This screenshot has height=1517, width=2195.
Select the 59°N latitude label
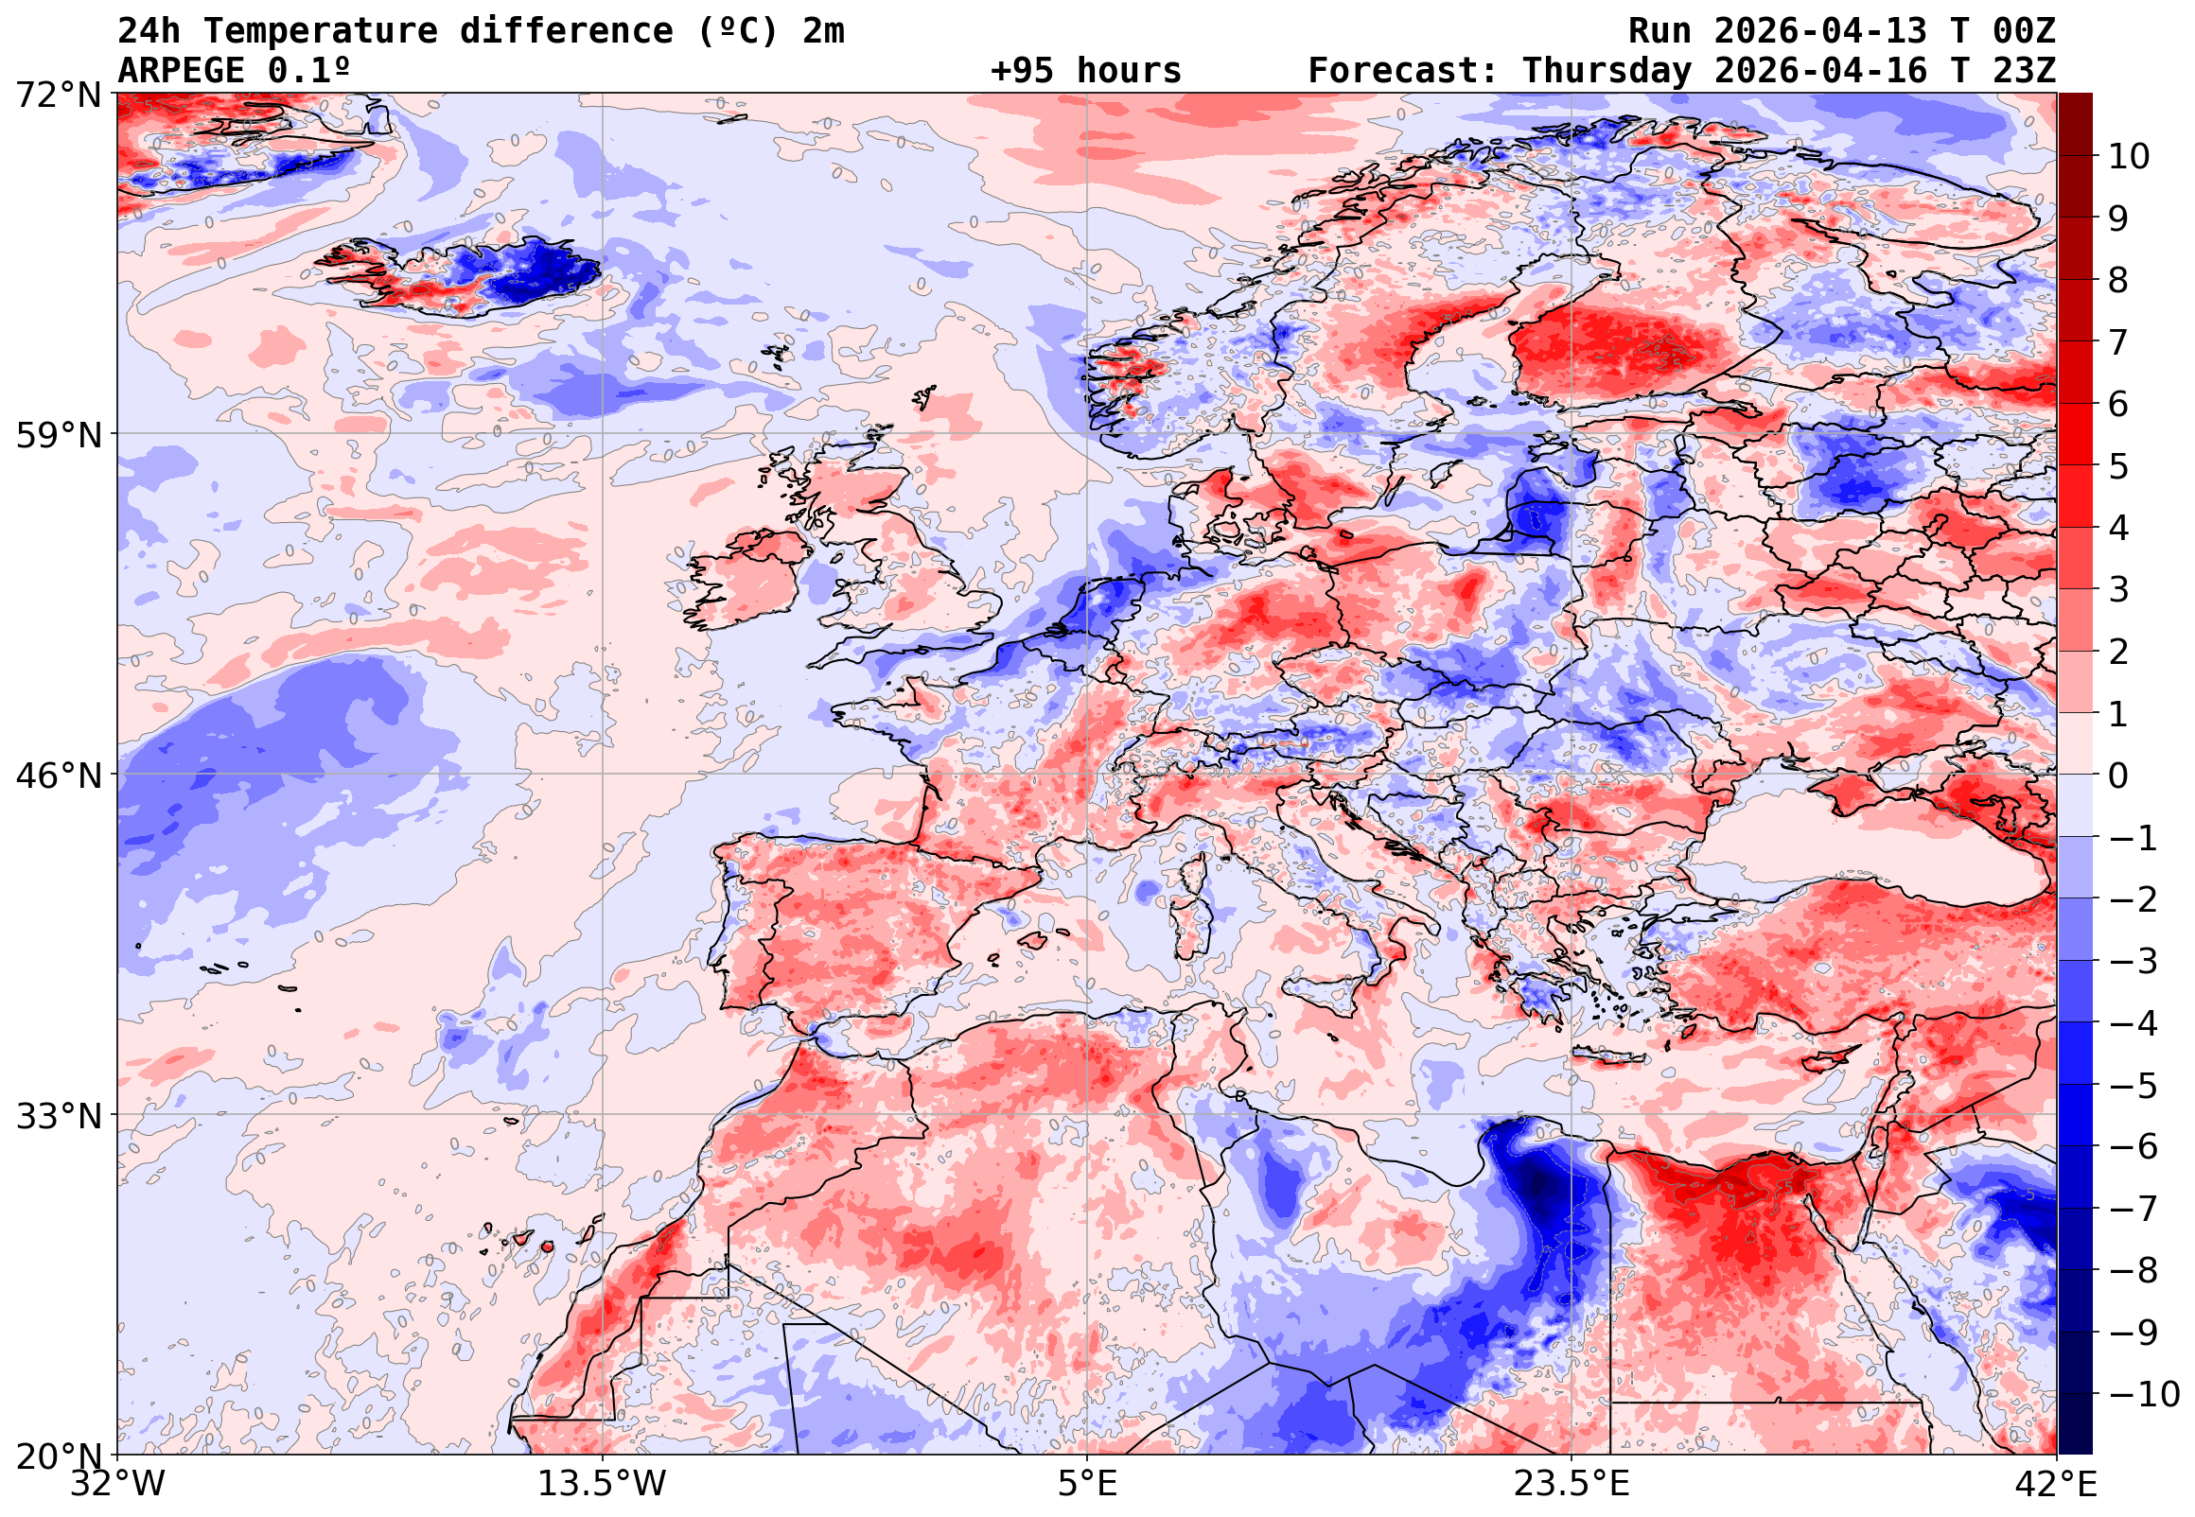tap(58, 435)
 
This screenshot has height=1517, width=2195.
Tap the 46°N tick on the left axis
tap(58, 776)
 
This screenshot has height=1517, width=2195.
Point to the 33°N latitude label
tap(58, 1116)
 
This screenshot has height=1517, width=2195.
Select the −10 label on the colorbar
tap(2145, 1394)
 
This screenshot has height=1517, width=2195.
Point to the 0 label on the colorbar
tap(2119, 776)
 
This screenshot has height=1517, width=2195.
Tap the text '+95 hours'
tap(1085, 70)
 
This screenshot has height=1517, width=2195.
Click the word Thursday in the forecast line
tap(1607, 70)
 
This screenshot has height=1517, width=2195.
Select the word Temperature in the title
tap(321, 31)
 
